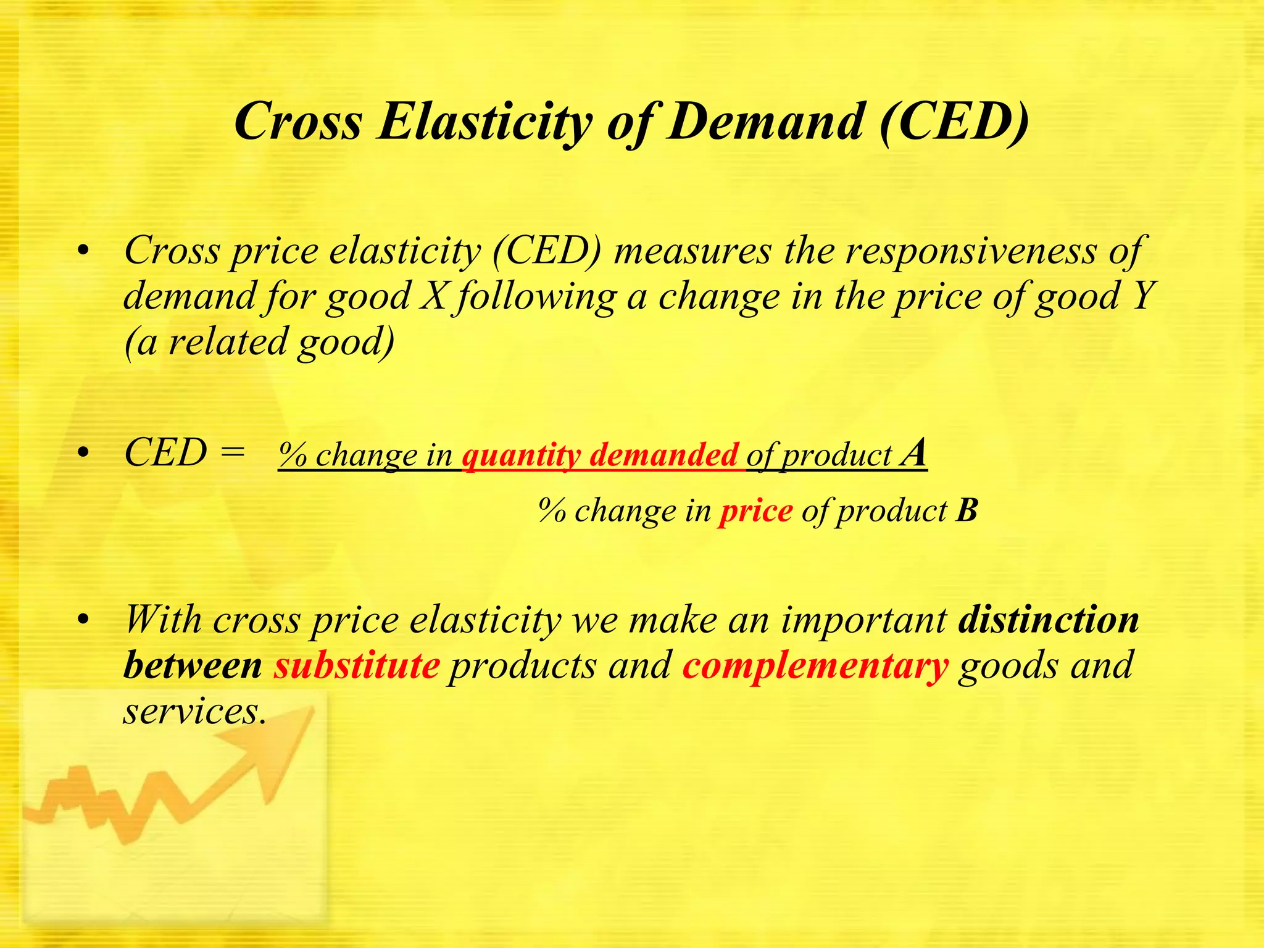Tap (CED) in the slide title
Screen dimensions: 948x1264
coord(954,121)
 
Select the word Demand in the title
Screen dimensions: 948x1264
coord(765,121)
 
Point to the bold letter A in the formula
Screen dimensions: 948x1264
coord(913,453)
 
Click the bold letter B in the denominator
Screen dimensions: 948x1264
coord(967,511)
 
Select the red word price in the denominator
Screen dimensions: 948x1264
coord(756,511)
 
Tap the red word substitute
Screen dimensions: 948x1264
coord(357,665)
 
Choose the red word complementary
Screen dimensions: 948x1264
coord(815,667)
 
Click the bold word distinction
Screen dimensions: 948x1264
coord(1048,620)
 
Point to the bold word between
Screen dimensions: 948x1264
coord(193,665)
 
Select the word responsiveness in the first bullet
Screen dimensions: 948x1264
coord(972,252)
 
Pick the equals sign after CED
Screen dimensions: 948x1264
coord(231,454)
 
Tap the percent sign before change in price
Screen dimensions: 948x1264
coord(551,511)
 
